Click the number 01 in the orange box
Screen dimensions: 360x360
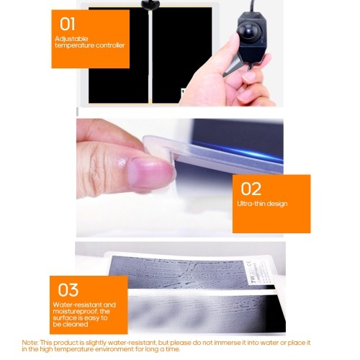coord(67,24)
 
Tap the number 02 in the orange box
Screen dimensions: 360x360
coord(251,189)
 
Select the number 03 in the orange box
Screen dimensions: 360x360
coord(68,289)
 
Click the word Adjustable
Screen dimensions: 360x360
coord(71,39)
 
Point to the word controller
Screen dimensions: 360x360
coord(109,45)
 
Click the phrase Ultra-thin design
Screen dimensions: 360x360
coord(262,204)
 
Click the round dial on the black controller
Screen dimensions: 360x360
coord(248,32)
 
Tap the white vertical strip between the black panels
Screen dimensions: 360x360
coord(150,55)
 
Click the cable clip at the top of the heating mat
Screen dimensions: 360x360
coord(150,4)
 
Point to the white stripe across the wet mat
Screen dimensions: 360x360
coord(202,292)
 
